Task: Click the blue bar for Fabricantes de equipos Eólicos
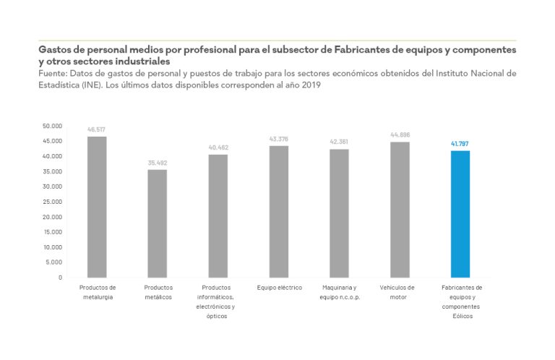pos(460,214)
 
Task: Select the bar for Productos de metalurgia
pos(97,207)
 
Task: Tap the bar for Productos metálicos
pos(158,223)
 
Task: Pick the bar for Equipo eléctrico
pos(278,211)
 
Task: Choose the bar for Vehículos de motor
pos(400,210)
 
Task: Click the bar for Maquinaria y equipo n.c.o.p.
pos(339,213)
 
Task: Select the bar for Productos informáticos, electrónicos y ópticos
pos(218,215)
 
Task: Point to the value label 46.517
pos(97,129)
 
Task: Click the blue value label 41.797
pos(460,144)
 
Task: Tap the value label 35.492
pos(158,163)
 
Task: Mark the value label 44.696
pos(400,135)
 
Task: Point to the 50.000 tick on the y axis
pos(51,126)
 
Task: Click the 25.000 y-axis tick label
pos(51,202)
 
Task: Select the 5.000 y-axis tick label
pos(53,262)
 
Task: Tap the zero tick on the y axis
pos(60,278)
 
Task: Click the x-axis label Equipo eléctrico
pos(278,288)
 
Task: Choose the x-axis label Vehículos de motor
pos(399,292)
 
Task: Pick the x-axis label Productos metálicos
pos(158,292)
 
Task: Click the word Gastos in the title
pos(56,51)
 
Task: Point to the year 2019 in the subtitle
pos(310,85)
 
